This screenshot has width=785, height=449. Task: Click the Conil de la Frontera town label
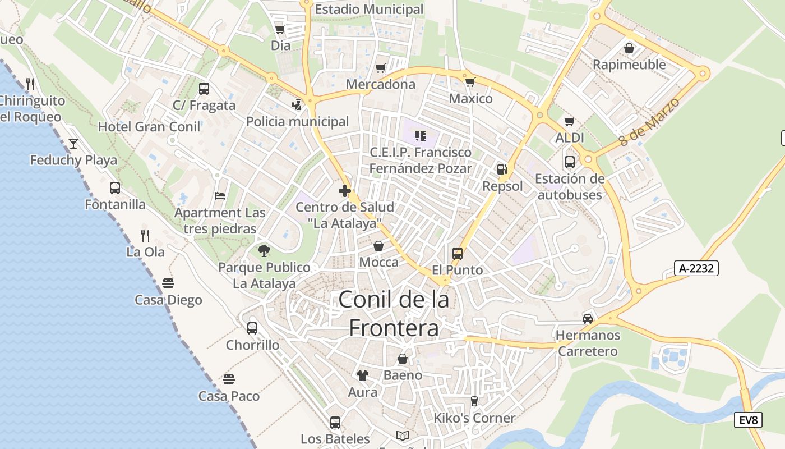tap(394, 314)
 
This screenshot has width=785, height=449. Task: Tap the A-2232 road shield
tap(696, 268)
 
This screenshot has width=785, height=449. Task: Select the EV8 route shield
tap(748, 419)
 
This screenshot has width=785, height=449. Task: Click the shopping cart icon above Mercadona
tap(381, 68)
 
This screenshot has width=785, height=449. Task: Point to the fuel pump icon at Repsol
tap(502, 169)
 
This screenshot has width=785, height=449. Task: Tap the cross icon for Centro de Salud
tap(345, 191)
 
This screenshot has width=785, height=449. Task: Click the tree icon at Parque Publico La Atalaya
tap(264, 251)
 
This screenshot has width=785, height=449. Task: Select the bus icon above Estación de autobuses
tap(570, 162)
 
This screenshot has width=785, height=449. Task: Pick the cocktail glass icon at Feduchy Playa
tap(73, 144)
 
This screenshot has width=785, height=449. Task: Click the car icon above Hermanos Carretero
tap(587, 319)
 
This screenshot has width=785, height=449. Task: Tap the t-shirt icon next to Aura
tap(363, 375)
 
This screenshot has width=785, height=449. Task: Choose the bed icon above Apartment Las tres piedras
tap(220, 196)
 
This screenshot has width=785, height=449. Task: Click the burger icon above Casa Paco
tap(228, 379)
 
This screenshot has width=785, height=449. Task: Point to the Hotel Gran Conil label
tap(149, 127)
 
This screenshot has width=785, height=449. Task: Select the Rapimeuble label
tap(629, 65)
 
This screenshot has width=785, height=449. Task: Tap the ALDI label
tap(570, 138)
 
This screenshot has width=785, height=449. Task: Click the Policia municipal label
tap(297, 122)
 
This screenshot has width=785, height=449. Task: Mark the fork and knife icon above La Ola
tap(145, 235)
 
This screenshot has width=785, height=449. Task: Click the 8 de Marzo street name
tap(650, 122)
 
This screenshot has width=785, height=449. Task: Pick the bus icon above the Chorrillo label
tap(252, 328)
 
